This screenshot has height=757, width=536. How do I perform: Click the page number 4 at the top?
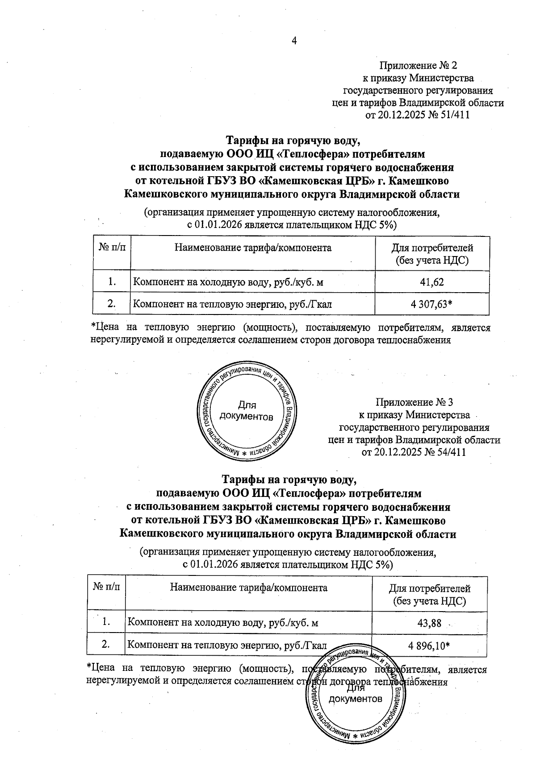(294, 41)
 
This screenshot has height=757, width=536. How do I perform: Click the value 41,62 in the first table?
(432, 282)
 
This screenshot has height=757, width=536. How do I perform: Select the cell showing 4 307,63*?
(432, 304)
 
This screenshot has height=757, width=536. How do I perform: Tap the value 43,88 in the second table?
(429, 622)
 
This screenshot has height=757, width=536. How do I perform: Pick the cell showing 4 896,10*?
(429, 645)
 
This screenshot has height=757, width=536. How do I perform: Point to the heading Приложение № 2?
(418, 66)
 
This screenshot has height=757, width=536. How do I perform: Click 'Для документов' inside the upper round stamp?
(247, 411)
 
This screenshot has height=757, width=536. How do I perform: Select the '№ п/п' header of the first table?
(112, 248)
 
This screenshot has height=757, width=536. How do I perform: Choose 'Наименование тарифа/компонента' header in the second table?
(249, 587)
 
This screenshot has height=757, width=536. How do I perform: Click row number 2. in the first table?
(112, 304)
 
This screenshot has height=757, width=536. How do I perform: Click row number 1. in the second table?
(106, 622)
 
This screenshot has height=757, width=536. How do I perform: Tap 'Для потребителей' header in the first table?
(432, 248)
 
